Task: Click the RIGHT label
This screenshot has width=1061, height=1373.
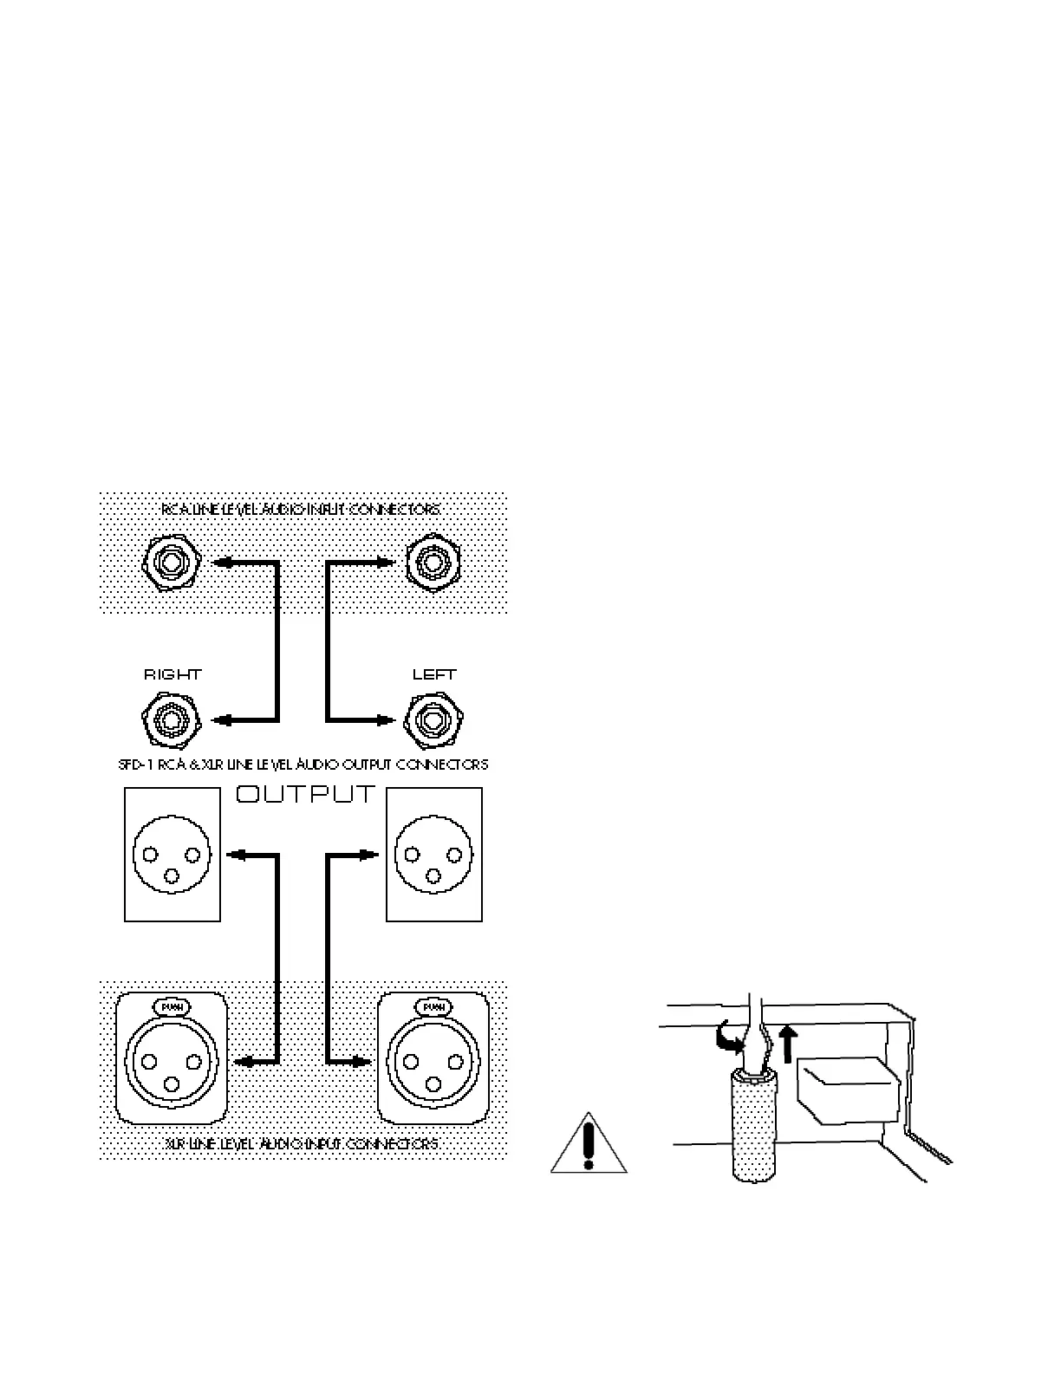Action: coord(172,673)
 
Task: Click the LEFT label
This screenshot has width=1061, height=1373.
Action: coord(434,673)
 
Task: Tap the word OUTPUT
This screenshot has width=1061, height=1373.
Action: coord(306,794)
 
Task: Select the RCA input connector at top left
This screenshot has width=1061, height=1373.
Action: coord(171,563)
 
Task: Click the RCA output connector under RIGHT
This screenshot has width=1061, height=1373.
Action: coord(171,719)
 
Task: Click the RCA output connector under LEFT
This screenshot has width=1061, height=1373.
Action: coord(433,719)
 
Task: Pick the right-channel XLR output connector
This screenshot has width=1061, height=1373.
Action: coord(172,854)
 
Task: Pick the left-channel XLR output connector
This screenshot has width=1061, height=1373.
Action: coord(433,854)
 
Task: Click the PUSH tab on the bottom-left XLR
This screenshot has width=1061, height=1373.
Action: coord(171,1007)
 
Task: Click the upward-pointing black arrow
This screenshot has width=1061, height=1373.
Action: coord(786,1043)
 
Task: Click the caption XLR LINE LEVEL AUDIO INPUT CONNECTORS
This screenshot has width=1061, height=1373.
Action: coord(302,1144)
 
